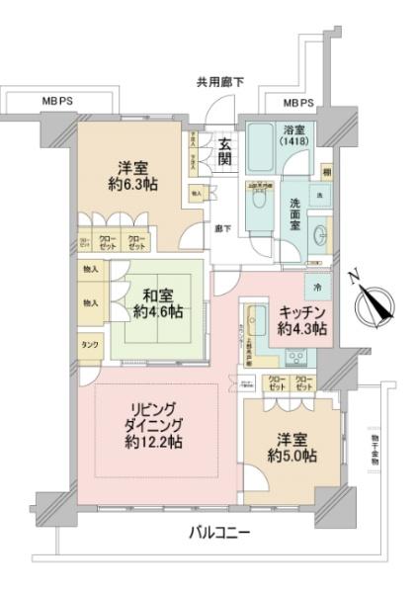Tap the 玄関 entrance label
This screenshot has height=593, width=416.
225,152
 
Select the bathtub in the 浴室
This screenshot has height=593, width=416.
259,150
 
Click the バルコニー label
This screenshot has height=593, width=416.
219,534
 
